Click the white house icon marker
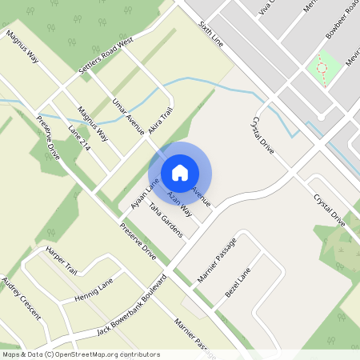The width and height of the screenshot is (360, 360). coord(180,173)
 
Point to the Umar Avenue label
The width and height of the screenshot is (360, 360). coord(128,117)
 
